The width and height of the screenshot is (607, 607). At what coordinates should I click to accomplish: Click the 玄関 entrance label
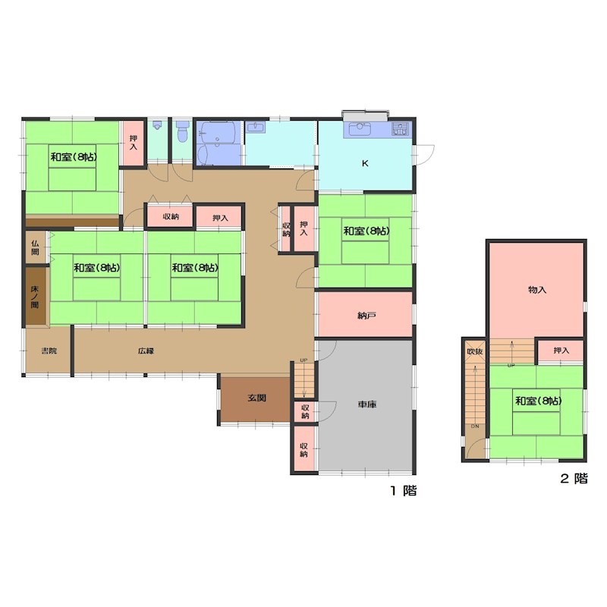[x=256, y=398]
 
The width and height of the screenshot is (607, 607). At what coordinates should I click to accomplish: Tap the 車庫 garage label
[x=367, y=404]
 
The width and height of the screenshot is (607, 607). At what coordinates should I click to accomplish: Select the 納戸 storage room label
[x=366, y=316]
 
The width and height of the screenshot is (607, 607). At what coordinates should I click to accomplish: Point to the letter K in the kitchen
[x=365, y=163]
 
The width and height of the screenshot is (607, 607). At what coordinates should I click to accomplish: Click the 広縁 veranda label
[x=146, y=351]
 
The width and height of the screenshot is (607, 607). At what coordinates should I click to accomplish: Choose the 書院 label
[x=49, y=351]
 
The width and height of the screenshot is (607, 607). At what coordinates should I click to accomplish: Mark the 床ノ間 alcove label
[x=35, y=297]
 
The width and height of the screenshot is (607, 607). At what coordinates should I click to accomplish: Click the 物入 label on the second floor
[x=537, y=289]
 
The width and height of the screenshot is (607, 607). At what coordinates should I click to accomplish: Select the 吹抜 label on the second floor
[x=475, y=351]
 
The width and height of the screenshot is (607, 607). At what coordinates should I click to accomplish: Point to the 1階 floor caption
[x=404, y=490]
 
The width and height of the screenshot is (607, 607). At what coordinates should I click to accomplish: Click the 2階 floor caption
[x=574, y=479]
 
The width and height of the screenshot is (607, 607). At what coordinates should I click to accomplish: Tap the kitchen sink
[x=360, y=129]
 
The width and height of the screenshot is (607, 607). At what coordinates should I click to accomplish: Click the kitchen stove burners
[x=401, y=128]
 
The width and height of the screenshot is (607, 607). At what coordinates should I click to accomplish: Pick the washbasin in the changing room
[x=255, y=127]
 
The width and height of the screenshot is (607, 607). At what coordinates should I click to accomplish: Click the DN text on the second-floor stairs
[x=475, y=426]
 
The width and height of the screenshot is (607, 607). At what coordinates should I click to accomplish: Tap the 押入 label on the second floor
[x=561, y=351]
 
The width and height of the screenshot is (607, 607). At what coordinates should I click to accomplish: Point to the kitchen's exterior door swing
[x=425, y=156]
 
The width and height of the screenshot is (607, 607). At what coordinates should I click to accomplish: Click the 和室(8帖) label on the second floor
[x=538, y=401]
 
